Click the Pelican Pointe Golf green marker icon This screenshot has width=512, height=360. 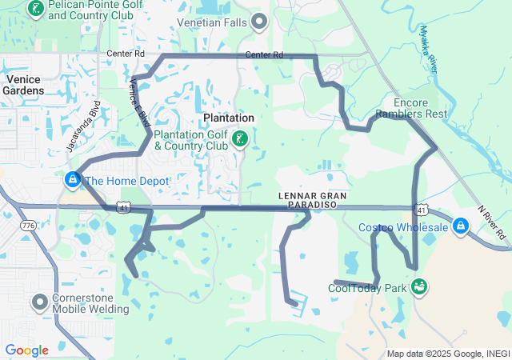(x=35, y=9)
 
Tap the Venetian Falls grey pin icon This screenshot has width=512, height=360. (x=259, y=22)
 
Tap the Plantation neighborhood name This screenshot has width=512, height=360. (x=229, y=118)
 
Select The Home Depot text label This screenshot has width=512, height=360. (x=127, y=182)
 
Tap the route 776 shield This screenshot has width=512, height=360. (x=29, y=226)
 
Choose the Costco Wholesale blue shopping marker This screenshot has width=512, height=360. (x=460, y=227)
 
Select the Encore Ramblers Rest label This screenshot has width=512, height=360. (x=420, y=108)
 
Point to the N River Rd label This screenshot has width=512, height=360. (x=493, y=225)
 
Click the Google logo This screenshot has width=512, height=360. (x=26, y=350)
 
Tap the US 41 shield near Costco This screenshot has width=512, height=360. (x=422, y=209)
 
